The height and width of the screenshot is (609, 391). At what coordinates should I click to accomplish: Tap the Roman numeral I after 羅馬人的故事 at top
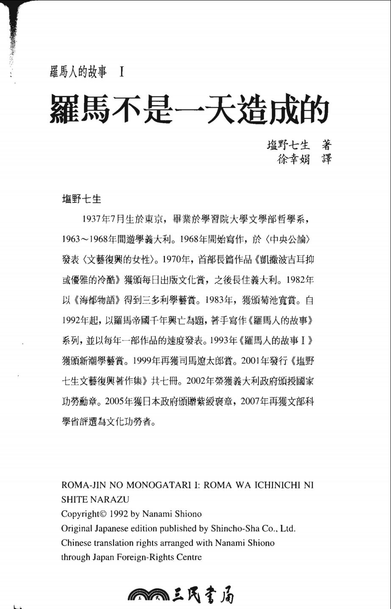point(122,73)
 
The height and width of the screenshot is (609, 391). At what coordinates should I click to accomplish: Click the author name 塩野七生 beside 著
point(288,145)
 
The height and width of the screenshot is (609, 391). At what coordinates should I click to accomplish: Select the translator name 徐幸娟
point(294,160)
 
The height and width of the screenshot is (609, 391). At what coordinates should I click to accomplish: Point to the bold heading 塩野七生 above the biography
point(81,198)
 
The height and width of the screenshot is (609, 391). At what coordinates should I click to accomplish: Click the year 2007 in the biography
point(253,401)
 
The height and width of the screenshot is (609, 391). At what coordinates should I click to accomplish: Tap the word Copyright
point(80,514)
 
